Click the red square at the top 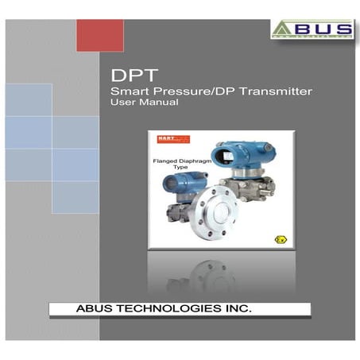coord(99,35)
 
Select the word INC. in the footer coord(236,307)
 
